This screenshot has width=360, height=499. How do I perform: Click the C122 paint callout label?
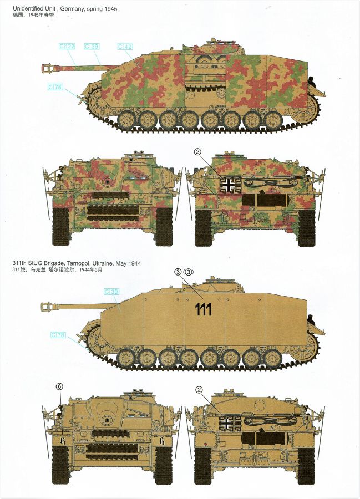coord(67,47)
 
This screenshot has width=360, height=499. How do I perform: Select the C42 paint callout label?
coord(125,47)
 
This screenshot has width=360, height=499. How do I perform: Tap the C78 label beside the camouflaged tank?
coord(55,87)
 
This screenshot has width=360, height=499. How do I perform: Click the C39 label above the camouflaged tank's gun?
coord(92,47)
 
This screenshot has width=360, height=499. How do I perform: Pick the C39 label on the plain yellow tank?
coord(111,292)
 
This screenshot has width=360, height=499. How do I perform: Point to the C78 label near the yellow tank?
coord(58,335)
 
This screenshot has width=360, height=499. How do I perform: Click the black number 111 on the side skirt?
coord(203,309)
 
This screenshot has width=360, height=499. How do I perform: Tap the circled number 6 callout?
coord(59,386)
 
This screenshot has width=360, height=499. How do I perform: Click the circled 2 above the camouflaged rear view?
coord(197,152)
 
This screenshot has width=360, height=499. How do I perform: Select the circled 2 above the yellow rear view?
coord(199,390)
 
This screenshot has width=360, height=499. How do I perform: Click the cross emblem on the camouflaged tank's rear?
coord(229,185)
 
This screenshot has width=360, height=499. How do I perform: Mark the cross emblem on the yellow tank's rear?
coord(230,422)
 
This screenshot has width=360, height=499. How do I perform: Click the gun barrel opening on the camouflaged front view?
coord(108,181)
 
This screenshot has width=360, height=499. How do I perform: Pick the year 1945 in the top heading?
coord(110,8)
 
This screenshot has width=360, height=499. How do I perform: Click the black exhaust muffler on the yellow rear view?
coord(265,439)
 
